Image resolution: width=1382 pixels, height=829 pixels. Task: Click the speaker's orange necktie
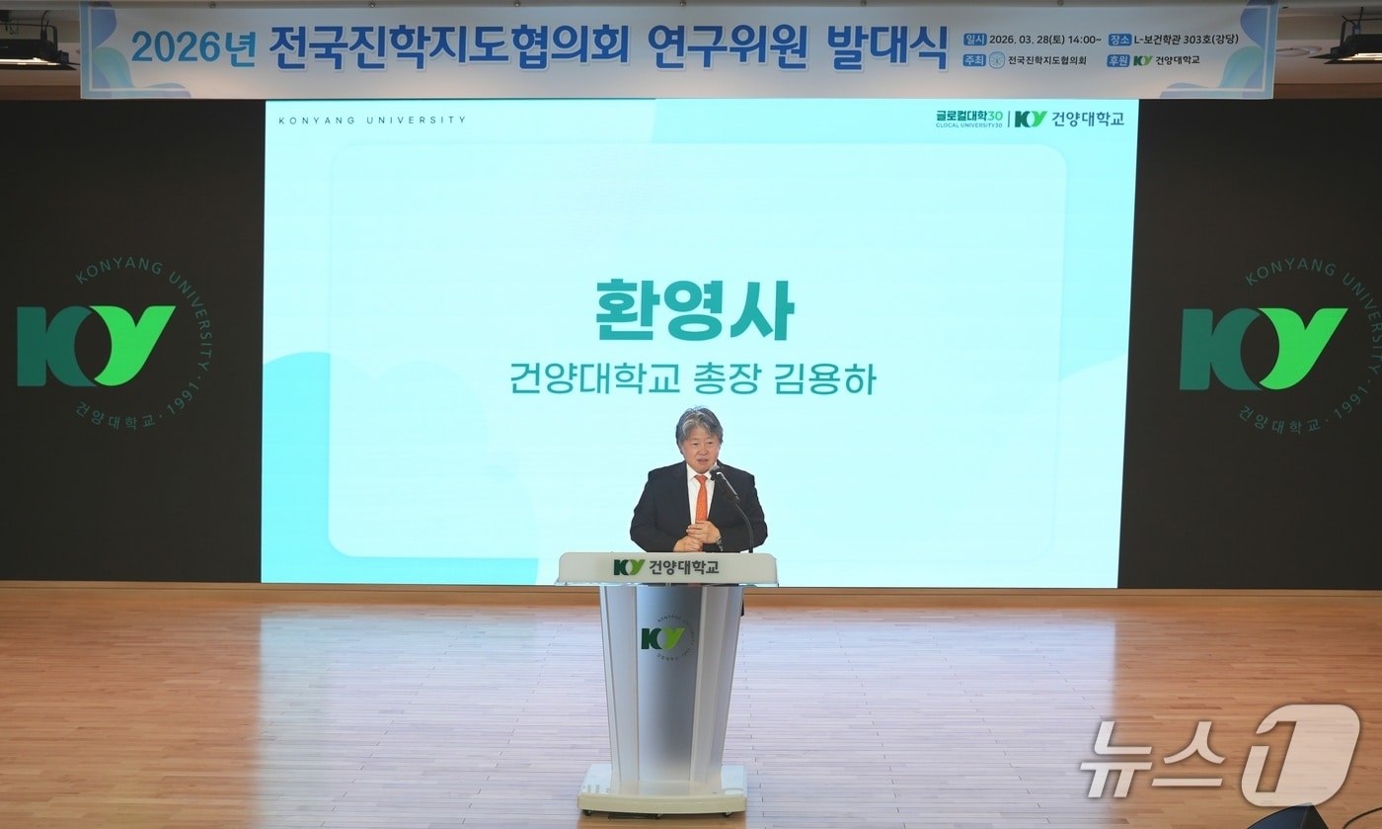701,498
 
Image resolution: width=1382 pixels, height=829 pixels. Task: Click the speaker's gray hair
699,426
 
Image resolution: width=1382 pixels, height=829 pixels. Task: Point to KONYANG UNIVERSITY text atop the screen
372,121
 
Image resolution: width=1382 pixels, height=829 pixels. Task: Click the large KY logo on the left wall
96,345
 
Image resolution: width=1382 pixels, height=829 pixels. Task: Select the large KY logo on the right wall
1263,348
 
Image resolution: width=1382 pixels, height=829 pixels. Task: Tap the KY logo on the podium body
661,638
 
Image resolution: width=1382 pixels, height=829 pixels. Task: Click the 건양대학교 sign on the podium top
667,567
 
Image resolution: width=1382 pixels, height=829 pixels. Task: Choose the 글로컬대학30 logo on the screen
968,119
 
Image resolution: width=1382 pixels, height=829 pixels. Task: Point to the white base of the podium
663,788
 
